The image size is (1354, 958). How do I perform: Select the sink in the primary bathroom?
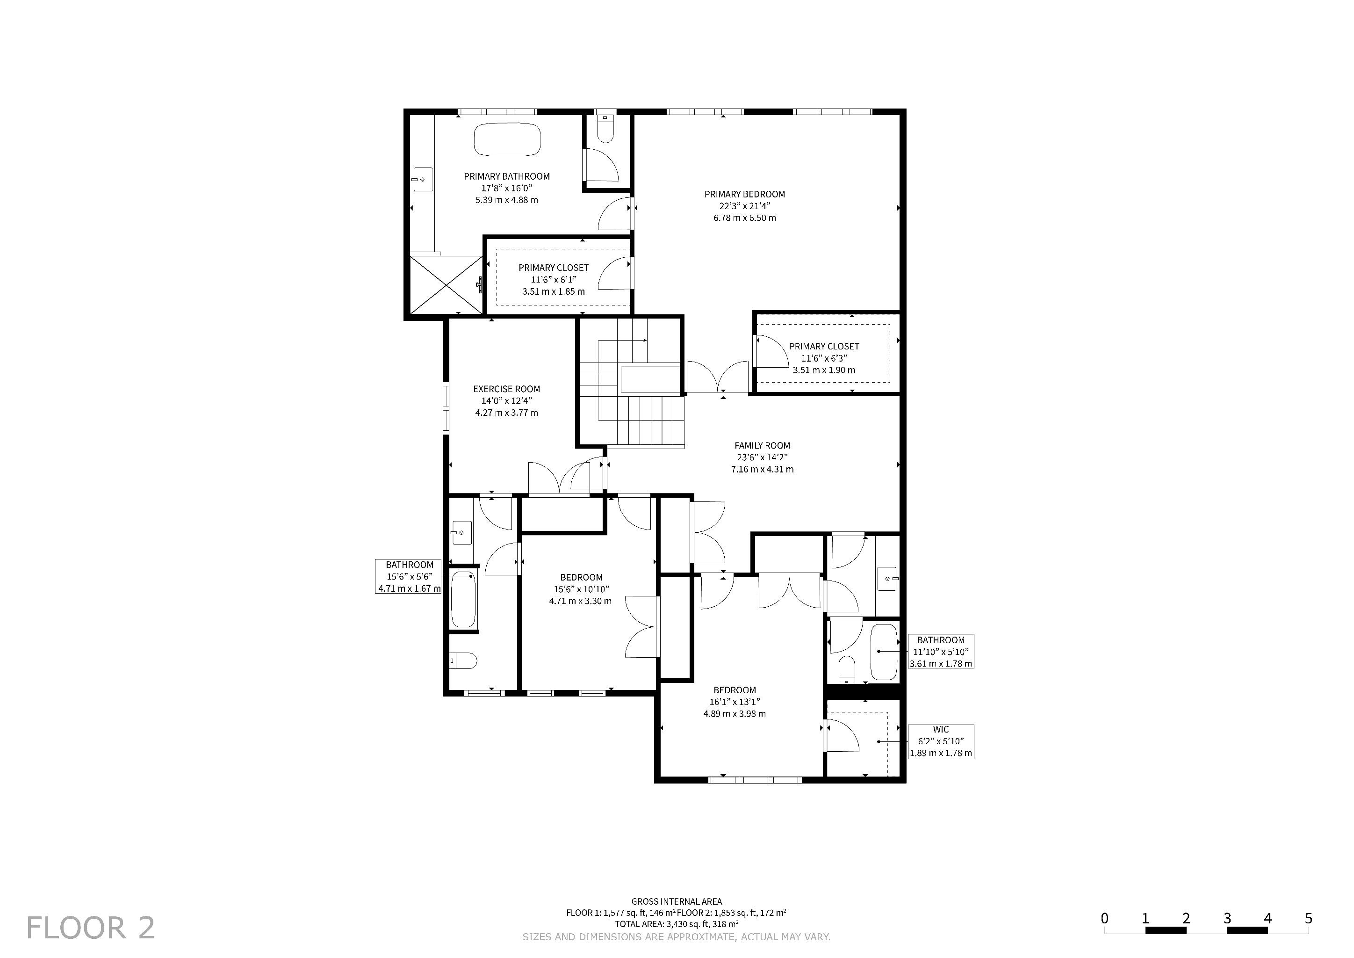(x=422, y=179)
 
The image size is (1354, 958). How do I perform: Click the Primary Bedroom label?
(x=744, y=194)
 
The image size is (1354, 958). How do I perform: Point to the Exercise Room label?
(x=506, y=389)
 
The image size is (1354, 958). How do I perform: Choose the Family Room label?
(x=762, y=445)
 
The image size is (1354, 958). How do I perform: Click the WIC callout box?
(x=941, y=741)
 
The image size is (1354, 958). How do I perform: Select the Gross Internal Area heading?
(x=677, y=901)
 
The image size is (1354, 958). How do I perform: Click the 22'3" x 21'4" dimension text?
(x=744, y=206)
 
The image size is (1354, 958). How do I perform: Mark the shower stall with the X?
(x=446, y=285)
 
